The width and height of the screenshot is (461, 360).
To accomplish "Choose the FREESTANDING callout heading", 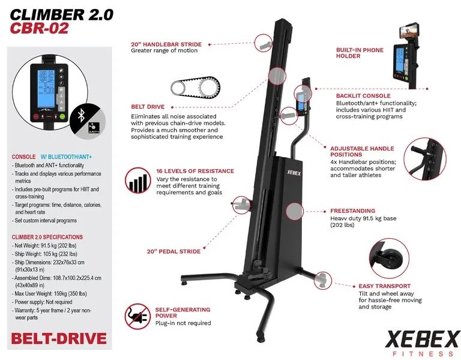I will [352, 211].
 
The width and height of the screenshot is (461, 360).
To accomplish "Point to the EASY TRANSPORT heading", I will [384, 286].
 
